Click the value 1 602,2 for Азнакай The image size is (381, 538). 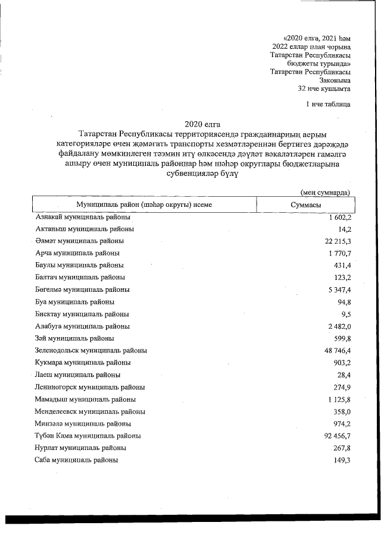coord(338,218)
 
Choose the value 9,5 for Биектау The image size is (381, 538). coord(345,314)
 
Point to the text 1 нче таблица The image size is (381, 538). coord(327,105)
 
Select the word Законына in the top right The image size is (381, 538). coord(335,80)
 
